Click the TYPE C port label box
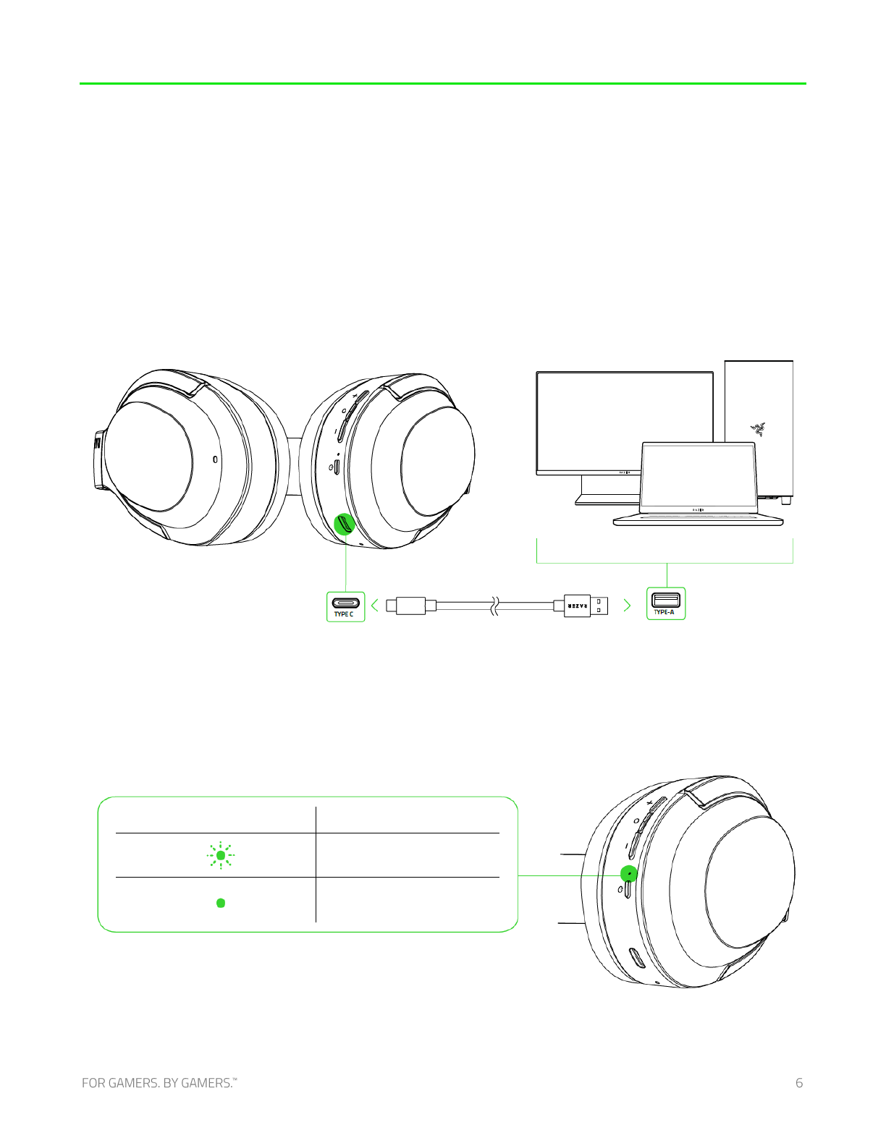(345, 606)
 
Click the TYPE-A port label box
(666, 603)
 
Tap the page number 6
(799, 1083)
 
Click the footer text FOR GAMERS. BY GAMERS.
(159, 1083)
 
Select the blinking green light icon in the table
(221, 855)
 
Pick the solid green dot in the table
(221, 903)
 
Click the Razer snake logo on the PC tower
(759, 429)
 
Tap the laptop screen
(699, 475)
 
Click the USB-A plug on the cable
(586, 606)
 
